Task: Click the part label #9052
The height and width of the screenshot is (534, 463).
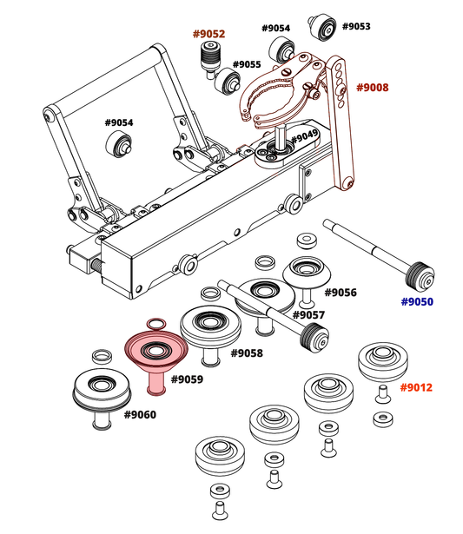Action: pos(208,34)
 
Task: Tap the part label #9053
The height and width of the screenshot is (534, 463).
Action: pos(356,26)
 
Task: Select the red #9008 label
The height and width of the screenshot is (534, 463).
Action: pos(372,88)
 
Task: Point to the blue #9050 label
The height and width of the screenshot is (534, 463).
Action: pos(417,302)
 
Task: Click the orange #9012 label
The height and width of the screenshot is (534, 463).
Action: pos(416,387)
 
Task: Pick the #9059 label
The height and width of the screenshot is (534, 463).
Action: pos(187,379)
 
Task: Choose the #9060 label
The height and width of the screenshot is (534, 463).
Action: pos(140,415)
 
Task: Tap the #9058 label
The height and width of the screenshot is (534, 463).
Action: pos(247,353)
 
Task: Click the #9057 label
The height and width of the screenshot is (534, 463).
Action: pos(308,315)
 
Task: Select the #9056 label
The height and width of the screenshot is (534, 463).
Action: pos(341,293)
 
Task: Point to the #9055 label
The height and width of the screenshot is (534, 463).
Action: pos(247,64)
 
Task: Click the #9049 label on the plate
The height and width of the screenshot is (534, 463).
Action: pos(304,136)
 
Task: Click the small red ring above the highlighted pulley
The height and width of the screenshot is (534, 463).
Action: pos(156,324)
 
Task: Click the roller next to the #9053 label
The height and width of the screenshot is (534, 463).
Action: pos(322,27)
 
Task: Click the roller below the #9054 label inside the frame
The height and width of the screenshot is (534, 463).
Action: pos(119,144)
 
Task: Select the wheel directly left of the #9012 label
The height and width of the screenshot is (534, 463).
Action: pos(383,363)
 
